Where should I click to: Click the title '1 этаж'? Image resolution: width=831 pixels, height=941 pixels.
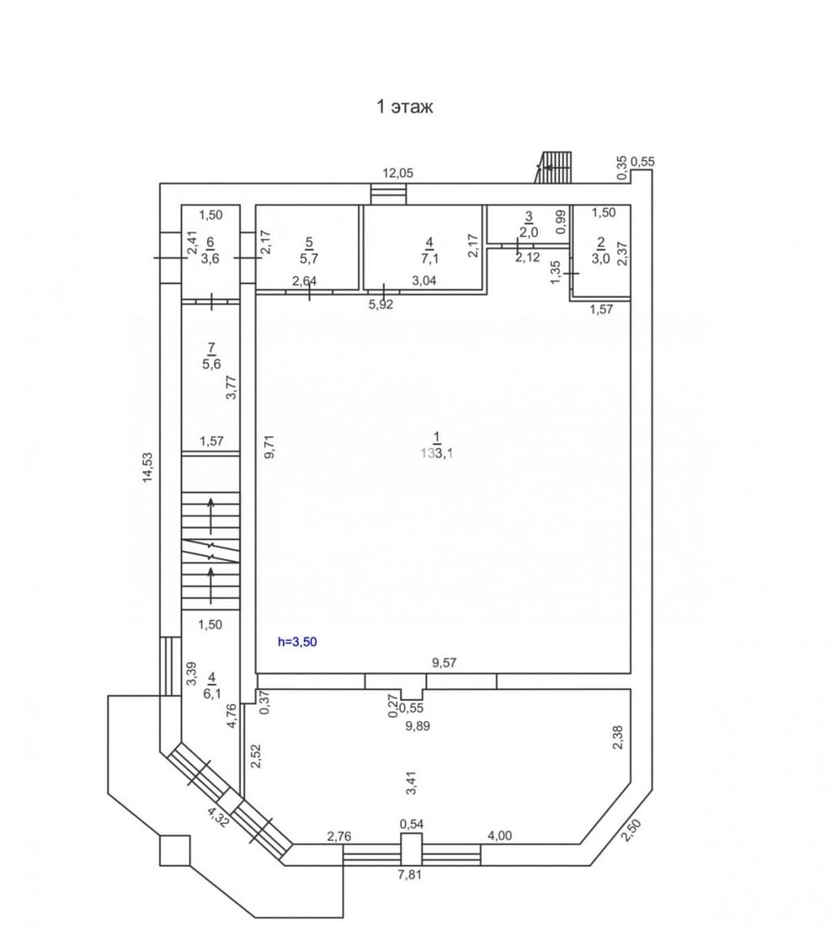click(x=404, y=107)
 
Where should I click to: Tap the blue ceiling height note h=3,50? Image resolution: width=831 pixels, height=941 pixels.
click(x=297, y=641)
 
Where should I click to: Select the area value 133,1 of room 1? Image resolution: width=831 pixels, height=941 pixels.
click(x=437, y=453)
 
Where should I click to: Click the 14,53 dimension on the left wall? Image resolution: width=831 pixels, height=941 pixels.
click(x=148, y=467)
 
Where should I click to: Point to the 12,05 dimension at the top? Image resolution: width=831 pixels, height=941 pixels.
click(x=398, y=174)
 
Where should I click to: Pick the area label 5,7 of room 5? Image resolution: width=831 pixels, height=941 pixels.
click(x=309, y=259)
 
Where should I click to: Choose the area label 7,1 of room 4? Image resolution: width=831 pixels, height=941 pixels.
click(x=429, y=259)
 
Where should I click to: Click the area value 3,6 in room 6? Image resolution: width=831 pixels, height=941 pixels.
click(x=210, y=259)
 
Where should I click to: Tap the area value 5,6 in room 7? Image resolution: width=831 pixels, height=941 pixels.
click(x=211, y=364)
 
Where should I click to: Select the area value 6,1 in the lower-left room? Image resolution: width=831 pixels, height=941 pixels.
click(x=212, y=693)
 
